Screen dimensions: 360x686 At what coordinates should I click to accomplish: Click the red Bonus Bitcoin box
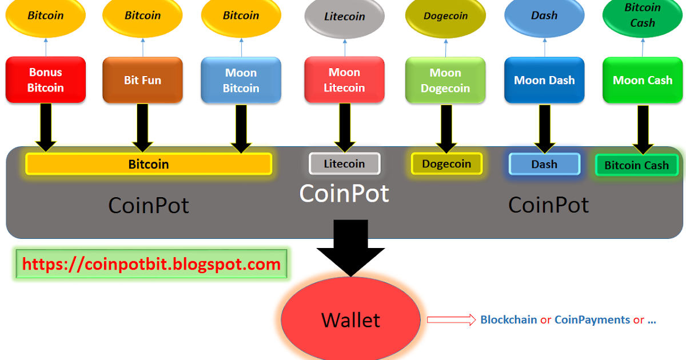coord(46,80)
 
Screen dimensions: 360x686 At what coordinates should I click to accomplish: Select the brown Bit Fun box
coord(142,80)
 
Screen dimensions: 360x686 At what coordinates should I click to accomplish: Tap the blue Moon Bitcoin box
coord(241,80)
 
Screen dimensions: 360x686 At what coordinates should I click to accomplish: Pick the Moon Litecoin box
coord(344,80)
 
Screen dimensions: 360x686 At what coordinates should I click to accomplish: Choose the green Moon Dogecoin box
coord(445,80)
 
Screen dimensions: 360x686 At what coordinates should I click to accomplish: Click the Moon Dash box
coord(544,80)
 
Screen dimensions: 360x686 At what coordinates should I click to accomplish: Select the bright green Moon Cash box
coord(643,80)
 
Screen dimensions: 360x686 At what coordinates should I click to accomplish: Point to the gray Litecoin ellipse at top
coord(344,17)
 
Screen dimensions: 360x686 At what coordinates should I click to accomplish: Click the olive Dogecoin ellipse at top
coord(445,16)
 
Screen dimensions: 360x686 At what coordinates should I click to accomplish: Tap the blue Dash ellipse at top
coord(544,16)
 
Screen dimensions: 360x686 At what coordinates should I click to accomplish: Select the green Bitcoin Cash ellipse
coord(643,15)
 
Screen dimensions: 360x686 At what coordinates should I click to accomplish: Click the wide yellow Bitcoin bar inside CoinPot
coord(149,164)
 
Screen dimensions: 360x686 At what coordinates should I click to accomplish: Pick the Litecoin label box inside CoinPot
coord(344,163)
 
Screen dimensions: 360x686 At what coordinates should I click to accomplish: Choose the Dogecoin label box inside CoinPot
coord(446,164)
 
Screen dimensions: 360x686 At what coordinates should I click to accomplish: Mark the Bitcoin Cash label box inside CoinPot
coord(636,165)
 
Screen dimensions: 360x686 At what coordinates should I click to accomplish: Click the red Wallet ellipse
coord(350,319)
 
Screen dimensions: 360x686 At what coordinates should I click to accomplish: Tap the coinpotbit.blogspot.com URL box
coord(151,264)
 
